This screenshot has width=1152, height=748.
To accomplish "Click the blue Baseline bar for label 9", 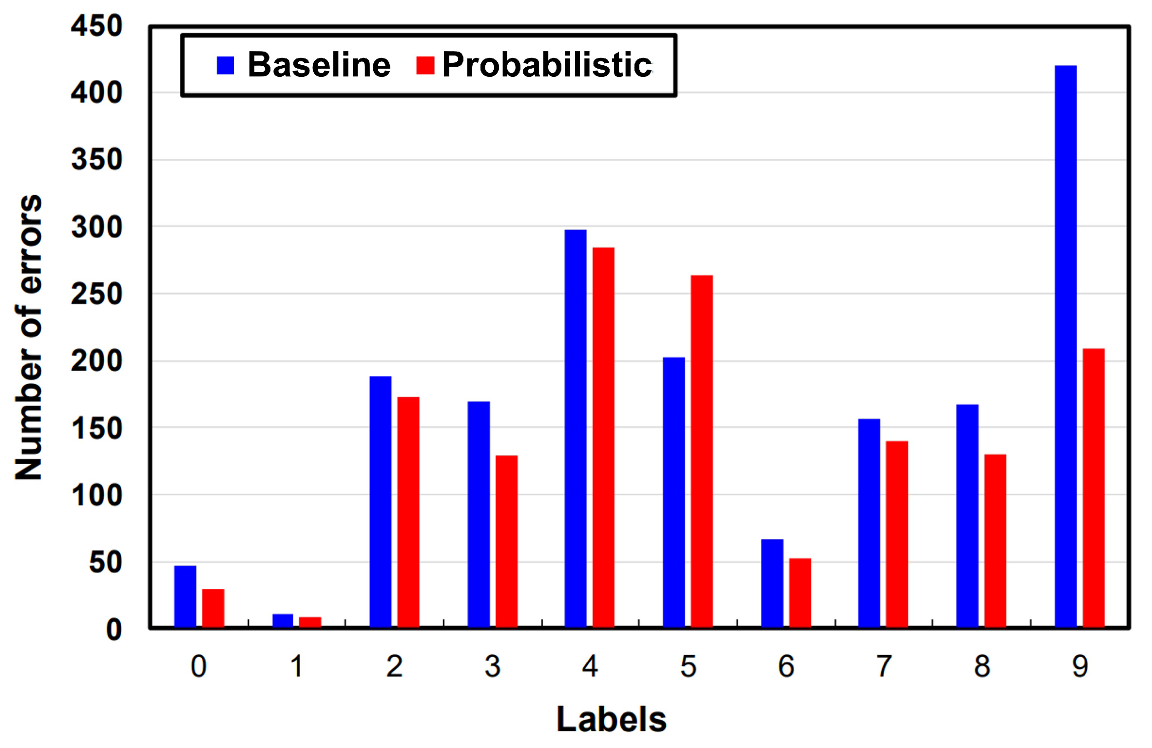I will (1065, 346).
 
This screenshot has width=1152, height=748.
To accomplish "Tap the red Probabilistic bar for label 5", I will (702, 451).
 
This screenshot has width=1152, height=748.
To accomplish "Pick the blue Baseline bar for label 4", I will (576, 428).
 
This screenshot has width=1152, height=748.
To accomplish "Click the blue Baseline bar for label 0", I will (185, 596).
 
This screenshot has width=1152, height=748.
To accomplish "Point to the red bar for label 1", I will (310, 622).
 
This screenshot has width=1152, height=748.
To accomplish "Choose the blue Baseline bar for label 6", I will (772, 583).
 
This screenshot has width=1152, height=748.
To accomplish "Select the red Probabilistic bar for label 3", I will (506, 541).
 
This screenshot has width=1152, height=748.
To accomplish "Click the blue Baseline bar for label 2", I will (380, 502).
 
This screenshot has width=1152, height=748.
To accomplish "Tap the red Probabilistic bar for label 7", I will (897, 534).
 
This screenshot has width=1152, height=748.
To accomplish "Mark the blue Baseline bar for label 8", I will (967, 516).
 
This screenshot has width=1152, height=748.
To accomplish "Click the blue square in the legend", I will (225, 65).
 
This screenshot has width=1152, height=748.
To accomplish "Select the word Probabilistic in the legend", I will (547, 65).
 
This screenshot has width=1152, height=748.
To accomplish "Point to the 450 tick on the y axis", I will (96, 26).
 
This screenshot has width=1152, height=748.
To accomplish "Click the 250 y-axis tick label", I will (96, 295).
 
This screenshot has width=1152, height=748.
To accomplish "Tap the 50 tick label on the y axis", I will (105, 563).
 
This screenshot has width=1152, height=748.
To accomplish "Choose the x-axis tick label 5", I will (688, 666).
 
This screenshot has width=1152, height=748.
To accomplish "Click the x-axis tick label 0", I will (198, 666).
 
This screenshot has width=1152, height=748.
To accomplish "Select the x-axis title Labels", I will (611, 719).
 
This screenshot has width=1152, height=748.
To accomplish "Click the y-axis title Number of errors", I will (28, 337).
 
